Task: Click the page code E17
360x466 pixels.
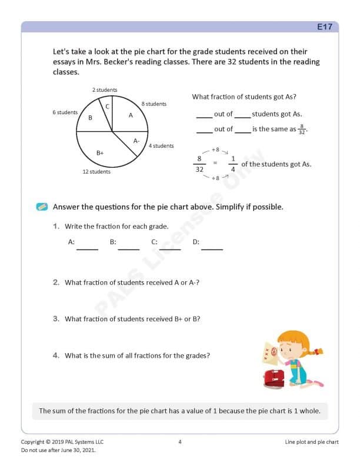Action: (325, 27)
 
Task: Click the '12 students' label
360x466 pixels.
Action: (96, 172)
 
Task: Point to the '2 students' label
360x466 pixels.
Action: (105, 90)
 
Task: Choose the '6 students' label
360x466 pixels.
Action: (65, 112)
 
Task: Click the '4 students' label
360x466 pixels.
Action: (161, 146)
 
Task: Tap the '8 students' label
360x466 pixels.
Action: (154, 104)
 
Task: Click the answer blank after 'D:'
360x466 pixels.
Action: (212, 247)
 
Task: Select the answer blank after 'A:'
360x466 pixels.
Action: (87, 247)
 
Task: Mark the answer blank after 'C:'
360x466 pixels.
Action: (170, 247)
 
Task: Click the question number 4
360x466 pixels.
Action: (56, 355)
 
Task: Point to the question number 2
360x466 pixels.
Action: (56, 282)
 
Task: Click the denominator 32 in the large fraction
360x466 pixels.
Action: (199, 169)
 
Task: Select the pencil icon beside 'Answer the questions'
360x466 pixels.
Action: (42, 207)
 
